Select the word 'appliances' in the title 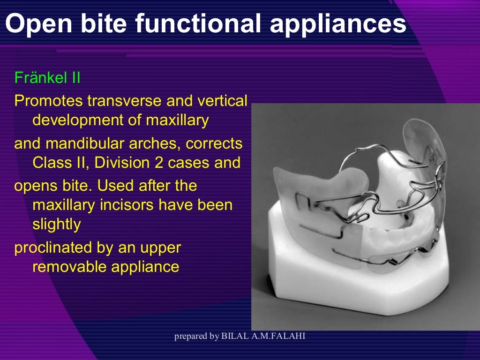point(337,23)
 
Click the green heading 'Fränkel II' point(47,77)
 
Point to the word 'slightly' point(56,225)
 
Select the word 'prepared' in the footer point(190,337)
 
